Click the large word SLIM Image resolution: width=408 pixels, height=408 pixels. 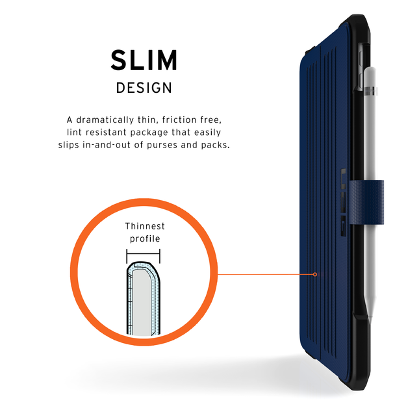click(144, 60)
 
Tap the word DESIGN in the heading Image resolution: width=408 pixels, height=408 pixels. click(144, 88)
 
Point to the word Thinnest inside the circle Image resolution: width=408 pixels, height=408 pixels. click(145, 226)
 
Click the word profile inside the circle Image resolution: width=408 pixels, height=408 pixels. click(145, 238)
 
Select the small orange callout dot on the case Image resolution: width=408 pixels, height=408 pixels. click(315, 274)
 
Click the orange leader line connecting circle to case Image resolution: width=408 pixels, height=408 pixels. click(266, 274)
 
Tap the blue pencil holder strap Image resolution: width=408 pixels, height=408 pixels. click(366, 202)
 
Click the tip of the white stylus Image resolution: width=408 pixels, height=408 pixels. click(370, 324)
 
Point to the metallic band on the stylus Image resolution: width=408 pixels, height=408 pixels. click(371, 91)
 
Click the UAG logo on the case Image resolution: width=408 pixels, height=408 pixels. click(344, 202)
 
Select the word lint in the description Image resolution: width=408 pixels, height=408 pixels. click(74, 133)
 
